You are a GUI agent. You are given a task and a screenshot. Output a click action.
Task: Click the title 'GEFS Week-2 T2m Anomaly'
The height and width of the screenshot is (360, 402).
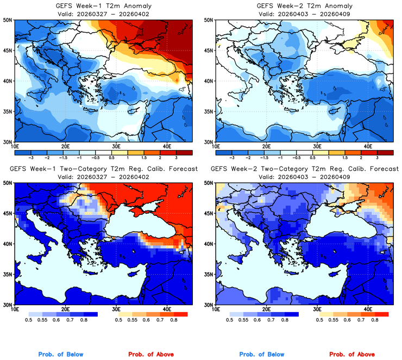[304, 6]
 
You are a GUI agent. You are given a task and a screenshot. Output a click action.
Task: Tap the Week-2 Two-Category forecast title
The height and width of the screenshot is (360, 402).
[304, 169]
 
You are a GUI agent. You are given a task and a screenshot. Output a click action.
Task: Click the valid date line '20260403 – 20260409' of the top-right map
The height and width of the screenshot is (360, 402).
[304, 14]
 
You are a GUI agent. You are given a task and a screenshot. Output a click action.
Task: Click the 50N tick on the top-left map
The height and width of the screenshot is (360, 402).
[7, 20]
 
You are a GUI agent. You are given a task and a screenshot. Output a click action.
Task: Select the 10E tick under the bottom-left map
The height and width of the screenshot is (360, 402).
[14, 309]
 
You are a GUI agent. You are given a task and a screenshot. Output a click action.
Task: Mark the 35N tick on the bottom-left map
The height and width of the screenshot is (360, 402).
[7, 274]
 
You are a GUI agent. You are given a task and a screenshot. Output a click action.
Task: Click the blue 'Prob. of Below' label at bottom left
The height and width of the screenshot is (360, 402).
[61, 355]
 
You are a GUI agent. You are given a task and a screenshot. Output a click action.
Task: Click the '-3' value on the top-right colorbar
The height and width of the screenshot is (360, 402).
[232, 158]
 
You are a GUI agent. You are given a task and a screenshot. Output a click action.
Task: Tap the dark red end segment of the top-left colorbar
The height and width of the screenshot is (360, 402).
[185, 151]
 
